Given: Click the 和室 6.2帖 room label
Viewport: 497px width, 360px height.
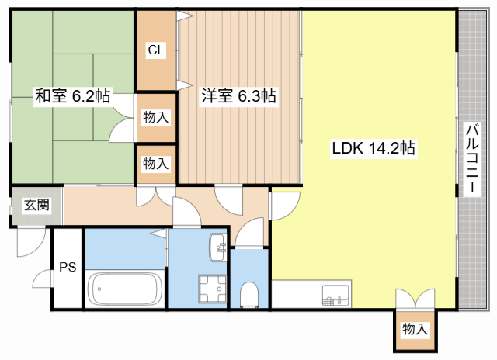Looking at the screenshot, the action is (72, 95).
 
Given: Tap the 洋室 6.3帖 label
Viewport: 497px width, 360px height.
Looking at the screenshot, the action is (238, 95).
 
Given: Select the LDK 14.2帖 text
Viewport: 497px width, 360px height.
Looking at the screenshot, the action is (374, 148).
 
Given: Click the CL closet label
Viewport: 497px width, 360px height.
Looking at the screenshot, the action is (156, 50).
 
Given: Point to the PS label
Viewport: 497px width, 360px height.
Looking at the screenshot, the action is (68, 267).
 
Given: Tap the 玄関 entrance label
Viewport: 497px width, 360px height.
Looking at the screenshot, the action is (37, 205).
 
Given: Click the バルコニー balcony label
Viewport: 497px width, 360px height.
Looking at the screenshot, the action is (473, 158).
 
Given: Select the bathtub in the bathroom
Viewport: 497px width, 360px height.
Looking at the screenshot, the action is (124, 289).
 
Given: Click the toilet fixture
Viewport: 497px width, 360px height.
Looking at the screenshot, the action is (249, 295).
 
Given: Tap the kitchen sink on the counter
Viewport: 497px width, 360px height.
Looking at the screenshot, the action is (335, 296).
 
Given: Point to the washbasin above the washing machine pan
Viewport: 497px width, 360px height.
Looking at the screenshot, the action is (217, 247).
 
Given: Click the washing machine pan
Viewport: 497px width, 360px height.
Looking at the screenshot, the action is (212, 289).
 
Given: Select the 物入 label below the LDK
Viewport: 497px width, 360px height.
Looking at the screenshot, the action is (415, 329).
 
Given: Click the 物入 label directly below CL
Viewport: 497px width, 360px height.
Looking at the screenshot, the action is (155, 117).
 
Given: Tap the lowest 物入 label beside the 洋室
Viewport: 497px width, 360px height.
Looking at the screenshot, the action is (155, 164).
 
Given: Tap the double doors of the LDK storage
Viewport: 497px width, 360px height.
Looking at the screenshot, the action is (415, 298).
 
